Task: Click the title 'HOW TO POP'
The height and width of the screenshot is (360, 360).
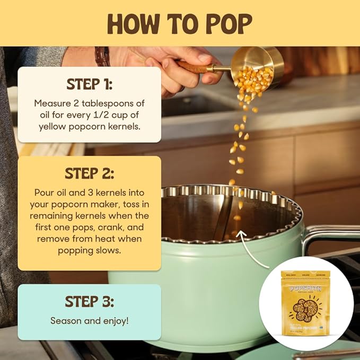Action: [180, 23]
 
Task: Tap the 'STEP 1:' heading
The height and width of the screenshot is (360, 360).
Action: [89, 84]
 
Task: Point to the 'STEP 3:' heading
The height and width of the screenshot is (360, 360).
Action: [89, 301]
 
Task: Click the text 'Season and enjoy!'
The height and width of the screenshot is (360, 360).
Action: [89, 320]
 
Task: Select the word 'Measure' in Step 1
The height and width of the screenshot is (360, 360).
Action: [51, 103]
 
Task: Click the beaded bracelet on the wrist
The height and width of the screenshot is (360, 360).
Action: [102, 56]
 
